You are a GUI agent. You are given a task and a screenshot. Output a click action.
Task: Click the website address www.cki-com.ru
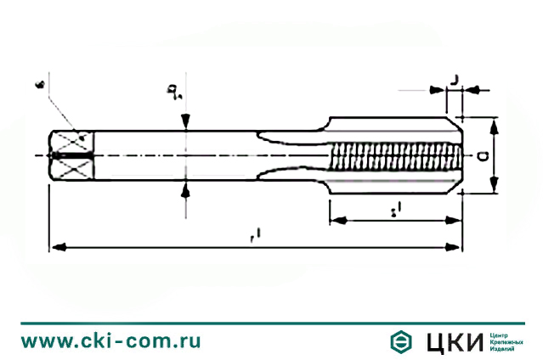110,340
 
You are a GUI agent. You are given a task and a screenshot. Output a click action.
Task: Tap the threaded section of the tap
395,156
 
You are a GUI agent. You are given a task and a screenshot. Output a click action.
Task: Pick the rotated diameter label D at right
482,156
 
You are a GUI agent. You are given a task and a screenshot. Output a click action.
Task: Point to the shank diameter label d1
173,92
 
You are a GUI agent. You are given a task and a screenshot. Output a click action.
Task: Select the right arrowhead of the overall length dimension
456,247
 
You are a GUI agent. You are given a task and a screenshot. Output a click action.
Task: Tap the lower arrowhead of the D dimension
495,188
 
